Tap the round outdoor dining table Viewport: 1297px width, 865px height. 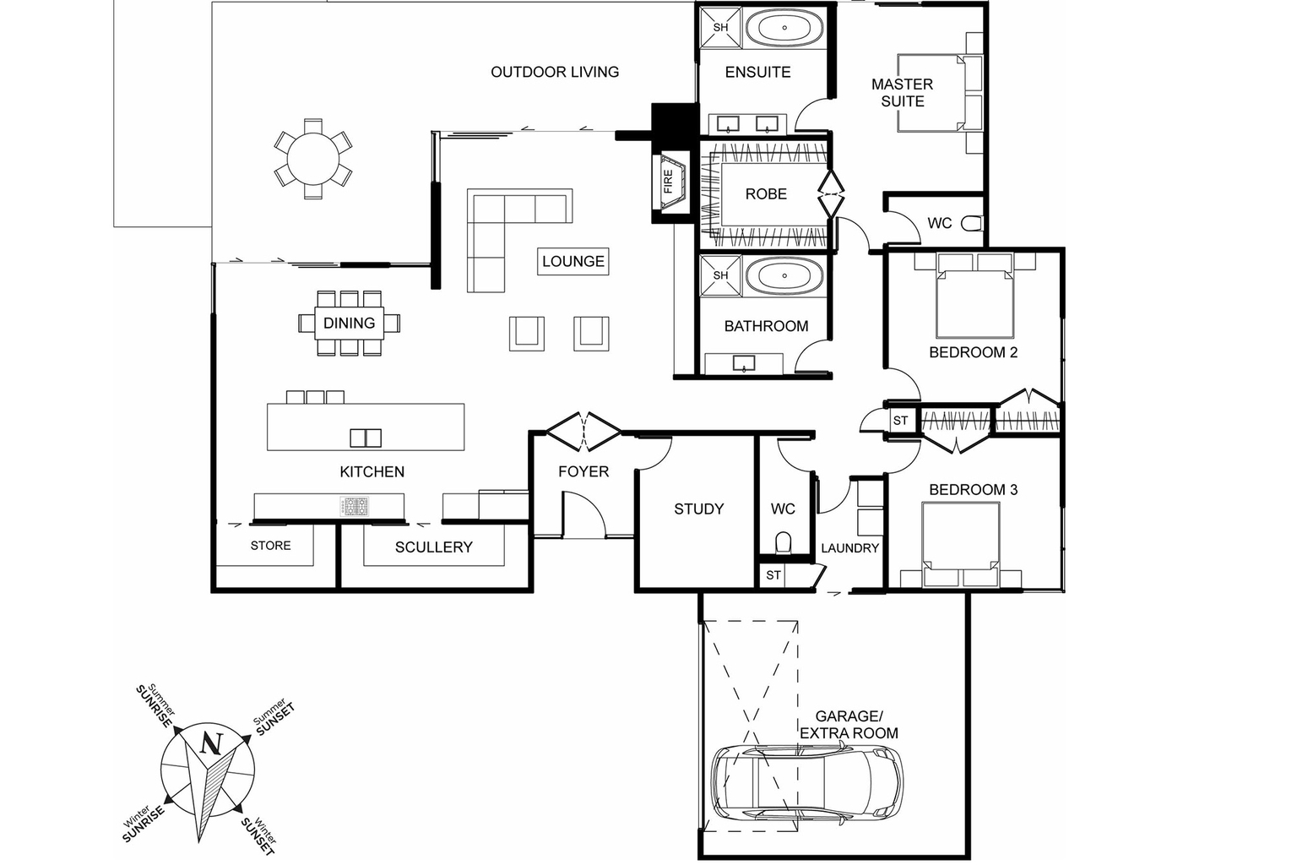tap(312, 158)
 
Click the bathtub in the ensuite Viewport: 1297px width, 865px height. tap(784, 28)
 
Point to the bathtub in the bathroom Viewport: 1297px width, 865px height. tap(784, 275)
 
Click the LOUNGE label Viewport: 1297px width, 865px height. tap(573, 261)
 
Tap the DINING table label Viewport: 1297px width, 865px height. tap(349, 323)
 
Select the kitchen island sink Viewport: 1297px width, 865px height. tap(366, 438)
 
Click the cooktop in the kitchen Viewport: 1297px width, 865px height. tap(355, 506)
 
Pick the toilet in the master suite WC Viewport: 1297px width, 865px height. tap(973, 223)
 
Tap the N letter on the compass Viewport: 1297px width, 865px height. tap(210, 744)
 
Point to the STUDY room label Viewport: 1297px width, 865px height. tap(698, 509)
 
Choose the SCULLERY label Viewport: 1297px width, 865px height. tap(433, 547)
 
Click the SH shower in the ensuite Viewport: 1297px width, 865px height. tap(720, 28)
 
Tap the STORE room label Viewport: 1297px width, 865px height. tap(270, 546)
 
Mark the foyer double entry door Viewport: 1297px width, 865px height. tap(583, 431)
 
